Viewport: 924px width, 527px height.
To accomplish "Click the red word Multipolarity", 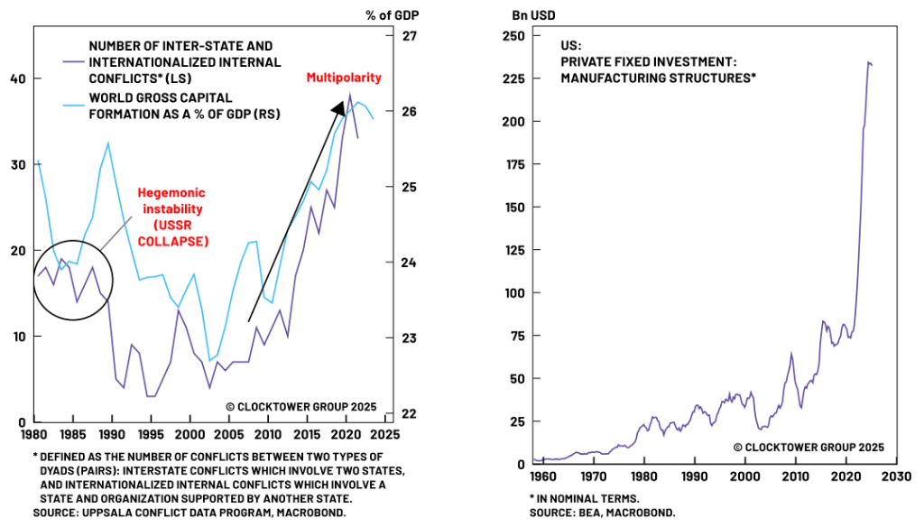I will (x=344, y=78).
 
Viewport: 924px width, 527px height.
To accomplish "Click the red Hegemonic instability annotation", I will (x=171, y=217).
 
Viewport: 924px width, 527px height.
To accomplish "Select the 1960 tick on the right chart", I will (x=542, y=476).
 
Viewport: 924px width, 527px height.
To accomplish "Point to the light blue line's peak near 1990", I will (x=108, y=143).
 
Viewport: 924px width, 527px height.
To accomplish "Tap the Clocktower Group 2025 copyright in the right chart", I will (x=808, y=447).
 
